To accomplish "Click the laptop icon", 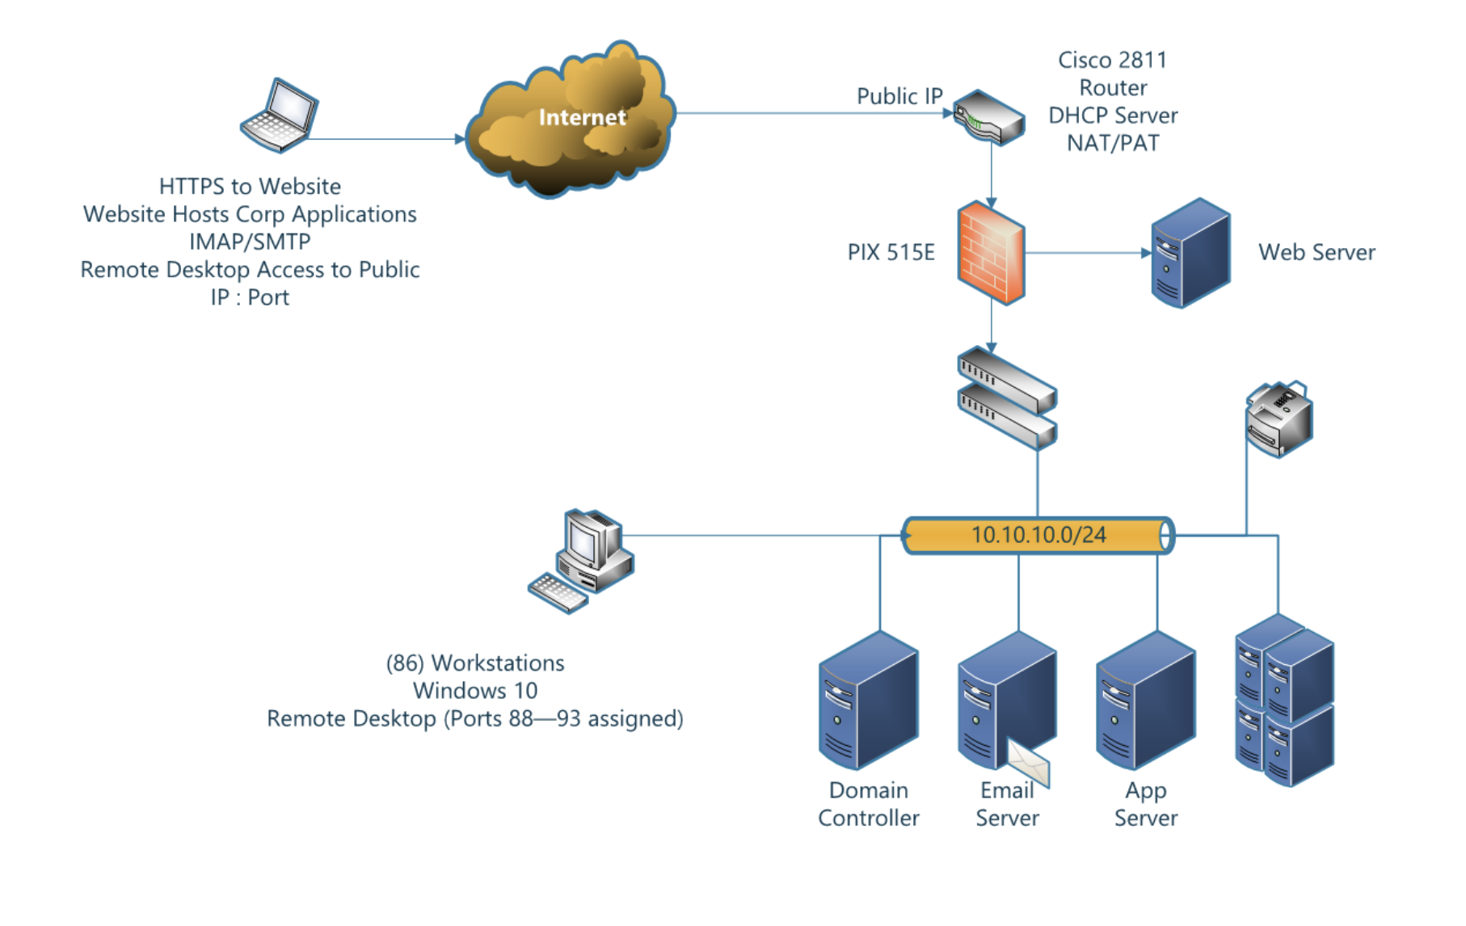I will pyautogui.click(x=280, y=116).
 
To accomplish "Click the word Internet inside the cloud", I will pyautogui.click(x=582, y=118).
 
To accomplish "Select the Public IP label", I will pyautogui.click(x=899, y=96).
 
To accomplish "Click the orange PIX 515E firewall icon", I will pyautogui.click(x=991, y=254).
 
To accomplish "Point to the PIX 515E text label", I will pyautogui.click(x=891, y=253).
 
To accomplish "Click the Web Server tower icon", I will pyautogui.click(x=1190, y=254).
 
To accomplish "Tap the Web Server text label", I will pyautogui.click(x=1316, y=253).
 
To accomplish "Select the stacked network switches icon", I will pyautogui.click(x=1007, y=398).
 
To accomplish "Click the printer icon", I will pyautogui.click(x=1279, y=419).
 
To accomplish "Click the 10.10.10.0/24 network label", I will pyautogui.click(x=1038, y=535).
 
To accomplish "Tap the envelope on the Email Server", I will pyautogui.click(x=1028, y=761).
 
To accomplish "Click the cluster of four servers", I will pyautogui.click(x=1284, y=700).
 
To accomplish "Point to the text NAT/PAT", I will pyautogui.click(x=1112, y=143).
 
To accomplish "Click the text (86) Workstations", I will pyautogui.click(x=475, y=663).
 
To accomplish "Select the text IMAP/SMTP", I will pyautogui.click(x=250, y=242).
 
